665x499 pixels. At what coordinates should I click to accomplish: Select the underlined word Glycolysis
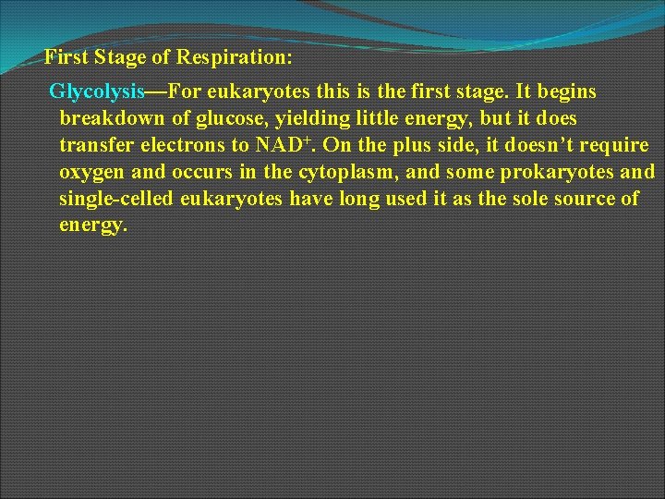pyautogui.click(x=97, y=92)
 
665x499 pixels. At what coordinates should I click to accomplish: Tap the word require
pyautogui.click(x=617, y=146)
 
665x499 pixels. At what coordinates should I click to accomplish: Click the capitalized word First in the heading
pyautogui.click(x=65, y=58)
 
